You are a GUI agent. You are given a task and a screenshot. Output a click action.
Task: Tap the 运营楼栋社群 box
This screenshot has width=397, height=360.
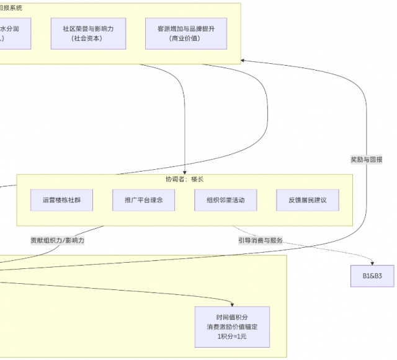tap(61, 200)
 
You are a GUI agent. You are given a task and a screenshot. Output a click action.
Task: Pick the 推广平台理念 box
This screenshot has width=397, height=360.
tap(143, 200)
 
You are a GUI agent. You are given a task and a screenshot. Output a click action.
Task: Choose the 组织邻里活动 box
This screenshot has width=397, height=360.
tap(225, 200)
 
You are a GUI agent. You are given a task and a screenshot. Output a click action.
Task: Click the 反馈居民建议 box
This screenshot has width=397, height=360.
tap(307, 200)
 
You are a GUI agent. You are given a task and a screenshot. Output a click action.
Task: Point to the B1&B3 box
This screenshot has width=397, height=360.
tap(373, 275)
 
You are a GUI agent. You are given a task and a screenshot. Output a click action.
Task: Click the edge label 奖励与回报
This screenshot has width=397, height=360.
tap(366, 159)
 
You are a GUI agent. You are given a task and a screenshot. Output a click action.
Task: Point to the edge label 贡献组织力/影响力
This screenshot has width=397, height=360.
tap(58, 240)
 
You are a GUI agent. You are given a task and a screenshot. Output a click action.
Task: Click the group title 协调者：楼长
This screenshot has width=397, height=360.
tap(184, 180)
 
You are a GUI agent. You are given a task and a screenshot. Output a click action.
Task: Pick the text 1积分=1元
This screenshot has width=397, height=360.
tap(232, 336)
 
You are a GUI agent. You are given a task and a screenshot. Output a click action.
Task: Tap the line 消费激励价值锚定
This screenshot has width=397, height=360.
tap(232, 327)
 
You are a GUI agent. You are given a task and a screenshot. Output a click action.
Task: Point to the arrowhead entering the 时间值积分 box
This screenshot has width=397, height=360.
tap(232, 304)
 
